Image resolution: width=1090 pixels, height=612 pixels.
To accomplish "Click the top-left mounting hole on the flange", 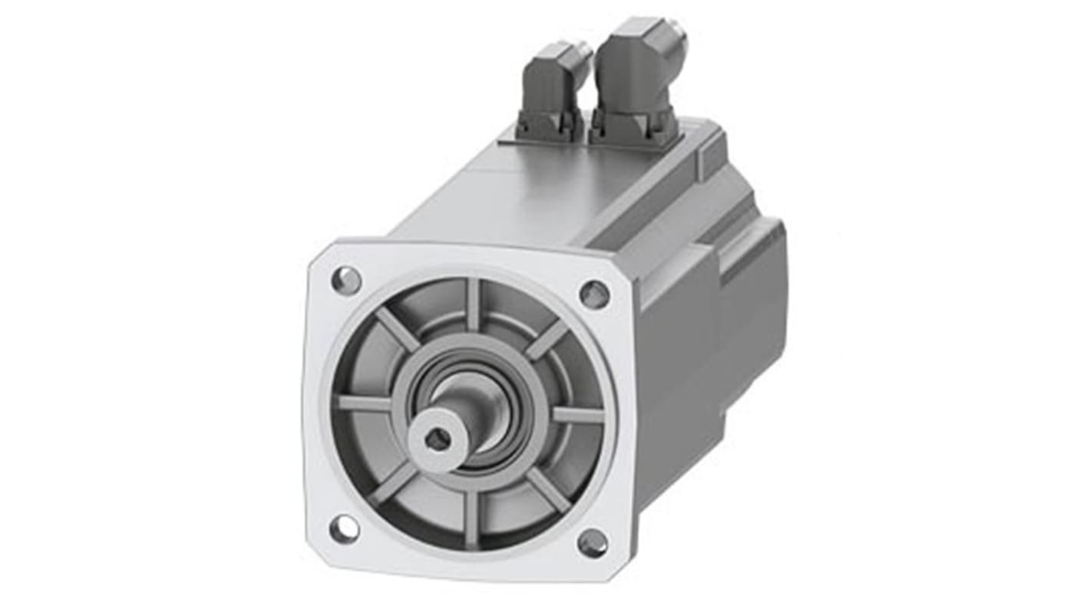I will (x=346, y=281).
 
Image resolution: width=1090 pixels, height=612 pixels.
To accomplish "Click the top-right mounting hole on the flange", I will (x=594, y=294).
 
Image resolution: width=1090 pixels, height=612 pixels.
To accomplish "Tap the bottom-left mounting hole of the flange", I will (x=344, y=528).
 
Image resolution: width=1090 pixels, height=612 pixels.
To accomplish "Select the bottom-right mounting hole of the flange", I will (x=593, y=543).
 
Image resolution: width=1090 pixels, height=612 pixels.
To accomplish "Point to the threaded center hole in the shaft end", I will (x=438, y=439).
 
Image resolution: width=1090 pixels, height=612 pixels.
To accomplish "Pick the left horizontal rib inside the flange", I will (x=365, y=403).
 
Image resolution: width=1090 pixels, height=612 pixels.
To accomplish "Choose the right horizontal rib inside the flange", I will (x=577, y=415).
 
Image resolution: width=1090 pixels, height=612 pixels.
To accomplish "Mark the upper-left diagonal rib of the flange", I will (x=398, y=329).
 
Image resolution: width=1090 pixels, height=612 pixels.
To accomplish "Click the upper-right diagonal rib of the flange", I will (x=547, y=338).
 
